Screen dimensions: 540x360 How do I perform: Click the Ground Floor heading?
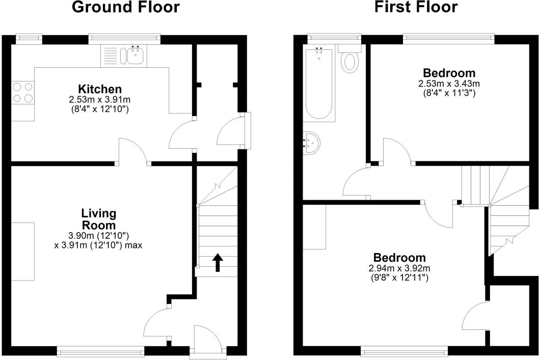tap(126, 8)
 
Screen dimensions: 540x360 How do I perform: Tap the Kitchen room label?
tap(100, 89)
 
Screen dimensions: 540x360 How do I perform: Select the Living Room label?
tap(99, 219)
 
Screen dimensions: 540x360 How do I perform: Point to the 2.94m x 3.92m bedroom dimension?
tap(400, 268)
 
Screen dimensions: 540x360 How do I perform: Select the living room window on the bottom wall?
tap(100, 350)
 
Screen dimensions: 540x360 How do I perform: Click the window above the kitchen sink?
tap(124, 37)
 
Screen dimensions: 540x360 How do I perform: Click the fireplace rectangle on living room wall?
tap(23, 252)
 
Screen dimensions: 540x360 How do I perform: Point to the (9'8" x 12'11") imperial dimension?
tap(400, 278)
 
